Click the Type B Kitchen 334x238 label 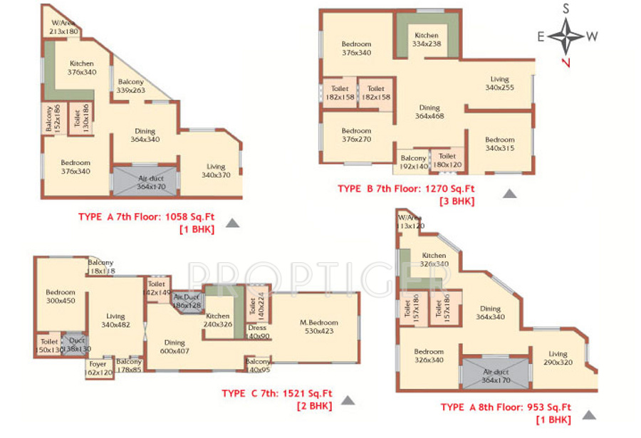(427, 39)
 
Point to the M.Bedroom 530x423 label (318, 326)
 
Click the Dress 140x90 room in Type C (258, 332)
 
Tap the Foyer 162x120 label (98, 367)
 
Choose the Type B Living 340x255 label (499, 83)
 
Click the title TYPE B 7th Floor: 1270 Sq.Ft (405, 189)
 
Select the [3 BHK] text (457, 202)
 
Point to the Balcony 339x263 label (130, 86)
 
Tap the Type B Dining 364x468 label (429, 112)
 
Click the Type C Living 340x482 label (115, 320)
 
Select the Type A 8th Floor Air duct (496, 375)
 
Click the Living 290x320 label (558, 358)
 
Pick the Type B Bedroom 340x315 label (499, 144)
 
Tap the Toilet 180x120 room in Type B (447, 160)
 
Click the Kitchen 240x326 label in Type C (217, 319)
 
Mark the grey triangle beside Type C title (348, 401)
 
